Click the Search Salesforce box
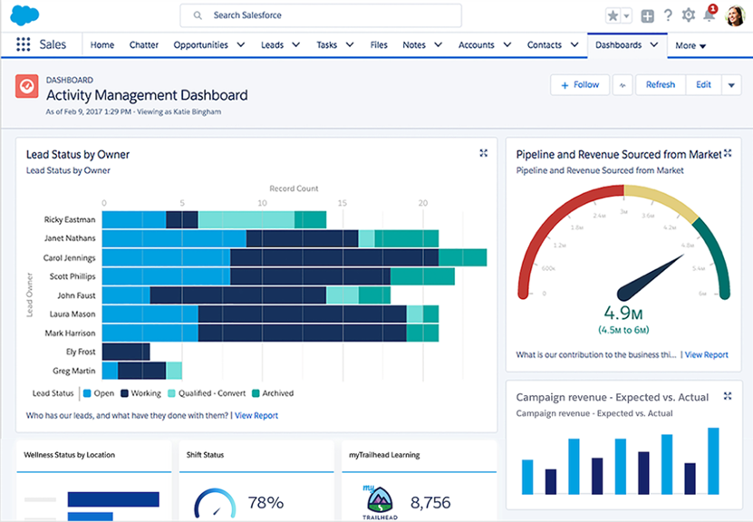tap(321, 15)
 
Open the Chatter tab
tap(143, 44)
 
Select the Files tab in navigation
tap(379, 44)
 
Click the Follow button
tap(579, 84)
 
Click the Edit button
tap(703, 84)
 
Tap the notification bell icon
tap(709, 15)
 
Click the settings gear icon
tap(689, 15)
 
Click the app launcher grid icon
tap(24, 44)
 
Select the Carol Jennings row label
tap(69, 257)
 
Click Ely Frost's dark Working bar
tap(126, 352)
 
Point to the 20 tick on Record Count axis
tap(422, 203)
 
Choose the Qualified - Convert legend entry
tap(205, 393)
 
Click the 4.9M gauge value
tap(622, 314)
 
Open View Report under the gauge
tap(706, 354)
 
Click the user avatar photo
tap(735, 15)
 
